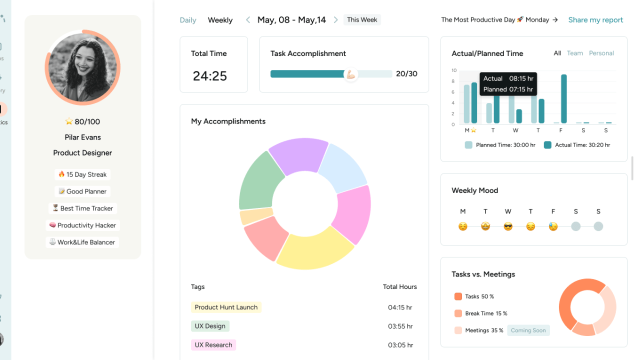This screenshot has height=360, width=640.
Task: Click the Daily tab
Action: [188, 20]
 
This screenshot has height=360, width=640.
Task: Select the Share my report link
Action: [595, 20]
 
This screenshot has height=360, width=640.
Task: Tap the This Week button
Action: [362, 20]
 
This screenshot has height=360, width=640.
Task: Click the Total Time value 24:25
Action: [210, 76]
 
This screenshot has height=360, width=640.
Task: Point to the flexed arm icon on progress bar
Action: [351, 74]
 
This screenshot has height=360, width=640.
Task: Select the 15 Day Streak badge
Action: [82, 174]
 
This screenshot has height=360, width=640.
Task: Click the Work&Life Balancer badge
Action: [82, 242]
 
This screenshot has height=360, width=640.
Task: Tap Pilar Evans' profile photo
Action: [82, 67]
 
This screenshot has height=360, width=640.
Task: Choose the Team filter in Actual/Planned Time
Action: [574, 53]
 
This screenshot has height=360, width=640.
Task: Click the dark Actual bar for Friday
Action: [563, 99]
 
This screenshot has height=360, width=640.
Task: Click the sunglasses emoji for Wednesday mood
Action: [508, 226]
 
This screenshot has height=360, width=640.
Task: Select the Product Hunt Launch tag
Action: [226, 307]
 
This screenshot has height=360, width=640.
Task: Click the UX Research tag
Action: [213, 345]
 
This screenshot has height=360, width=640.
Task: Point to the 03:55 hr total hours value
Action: [400, 326]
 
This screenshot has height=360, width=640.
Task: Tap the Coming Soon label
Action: [528, 330]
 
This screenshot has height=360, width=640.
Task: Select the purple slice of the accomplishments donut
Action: [298, 155]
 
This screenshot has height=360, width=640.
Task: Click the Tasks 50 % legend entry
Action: [474, 296]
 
